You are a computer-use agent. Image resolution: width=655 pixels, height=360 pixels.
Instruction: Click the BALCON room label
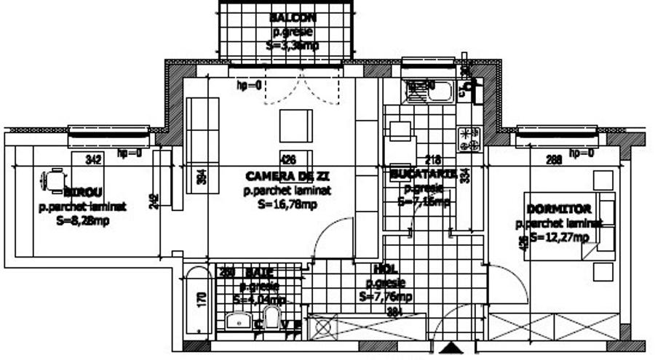tap(293, 17)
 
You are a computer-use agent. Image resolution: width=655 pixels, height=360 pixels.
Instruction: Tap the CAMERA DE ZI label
tap(287, 177)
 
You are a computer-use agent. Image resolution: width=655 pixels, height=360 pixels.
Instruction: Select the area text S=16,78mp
tap(287, 204)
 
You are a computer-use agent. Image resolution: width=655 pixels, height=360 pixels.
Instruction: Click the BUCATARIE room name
tap(423, 175)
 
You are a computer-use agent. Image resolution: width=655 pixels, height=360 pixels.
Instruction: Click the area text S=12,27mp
tap(558, 236)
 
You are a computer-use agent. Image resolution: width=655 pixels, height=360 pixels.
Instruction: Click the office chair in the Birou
tap(55, 178)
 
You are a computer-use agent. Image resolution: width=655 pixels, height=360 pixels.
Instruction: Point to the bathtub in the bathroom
tap(196, 302)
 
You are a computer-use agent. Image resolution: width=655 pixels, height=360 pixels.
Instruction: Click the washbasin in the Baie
tap(239, 321)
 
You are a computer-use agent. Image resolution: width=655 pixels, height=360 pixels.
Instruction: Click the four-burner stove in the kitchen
tap(469, 139)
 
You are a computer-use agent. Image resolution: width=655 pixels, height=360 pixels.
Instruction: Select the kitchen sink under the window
tap(429, 91)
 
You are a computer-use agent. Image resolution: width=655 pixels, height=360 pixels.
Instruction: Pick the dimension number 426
tap(288, 158)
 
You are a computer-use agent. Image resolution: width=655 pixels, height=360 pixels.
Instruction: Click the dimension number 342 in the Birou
tap(92, 158)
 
